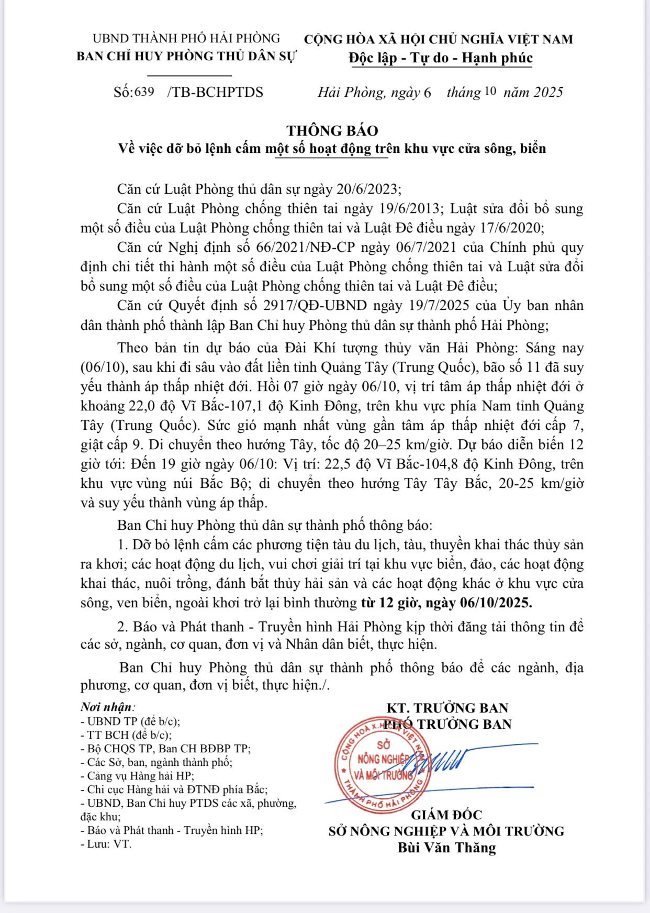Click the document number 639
(x=144, y=92)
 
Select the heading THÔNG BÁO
(x=332, y=130)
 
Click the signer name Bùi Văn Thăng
(x=446, y=848)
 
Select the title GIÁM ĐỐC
(x=446, y=815)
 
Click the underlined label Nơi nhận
(x=106, y=707)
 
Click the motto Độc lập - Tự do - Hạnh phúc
(x=441, y=58)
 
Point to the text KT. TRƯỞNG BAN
(x=447, y=708)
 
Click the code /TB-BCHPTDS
(x=215, y=93)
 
